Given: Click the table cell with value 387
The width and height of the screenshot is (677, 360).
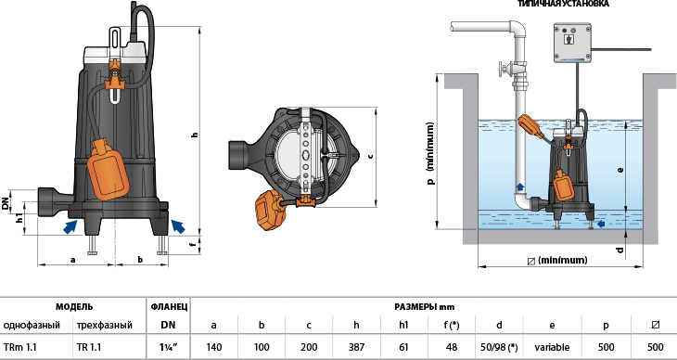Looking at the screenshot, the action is click(x=356, y=347).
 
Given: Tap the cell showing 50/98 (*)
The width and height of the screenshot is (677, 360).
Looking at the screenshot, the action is click(x=499, y=347).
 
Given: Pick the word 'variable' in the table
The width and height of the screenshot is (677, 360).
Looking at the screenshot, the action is click(x=552, y=347).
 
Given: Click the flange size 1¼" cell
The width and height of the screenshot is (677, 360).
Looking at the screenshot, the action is click(x=168, y=347).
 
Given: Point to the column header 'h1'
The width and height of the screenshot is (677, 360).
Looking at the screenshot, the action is click(x=403, y=325).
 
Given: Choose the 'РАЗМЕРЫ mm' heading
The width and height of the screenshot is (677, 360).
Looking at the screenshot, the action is click(x=425, y=307).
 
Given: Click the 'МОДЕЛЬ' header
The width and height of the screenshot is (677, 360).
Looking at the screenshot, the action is click(x=74, y=307).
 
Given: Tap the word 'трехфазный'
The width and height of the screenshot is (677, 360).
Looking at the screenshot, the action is click(x=105, y=325).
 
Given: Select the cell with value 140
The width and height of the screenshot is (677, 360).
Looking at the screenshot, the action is click(x=213, y=347).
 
